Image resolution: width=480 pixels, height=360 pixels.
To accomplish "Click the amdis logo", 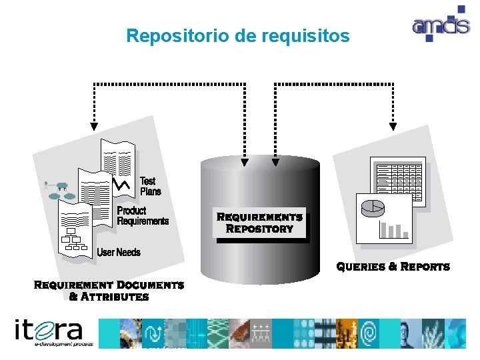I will tap(440, 25).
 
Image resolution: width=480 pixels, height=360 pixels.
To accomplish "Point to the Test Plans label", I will tap(150, 186).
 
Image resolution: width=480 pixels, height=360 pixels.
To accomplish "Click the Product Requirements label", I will tap(142, 216).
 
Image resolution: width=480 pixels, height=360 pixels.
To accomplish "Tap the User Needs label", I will tap(119, 252).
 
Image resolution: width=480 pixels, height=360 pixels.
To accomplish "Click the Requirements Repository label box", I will tap(260, 223).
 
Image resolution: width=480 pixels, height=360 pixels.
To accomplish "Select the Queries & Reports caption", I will tap(393, 267).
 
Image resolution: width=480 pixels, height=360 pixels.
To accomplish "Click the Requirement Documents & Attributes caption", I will tap(109, 291).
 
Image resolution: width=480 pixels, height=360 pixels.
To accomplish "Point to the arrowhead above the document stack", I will tap(94, 125).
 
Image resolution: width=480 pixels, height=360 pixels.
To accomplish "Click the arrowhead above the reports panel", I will tap(393, 125).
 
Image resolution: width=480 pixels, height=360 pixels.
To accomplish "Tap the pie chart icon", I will tap(373, 209).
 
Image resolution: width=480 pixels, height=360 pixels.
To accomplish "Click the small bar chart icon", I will tap(393, 230).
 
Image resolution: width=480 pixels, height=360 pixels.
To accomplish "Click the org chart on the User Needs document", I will tap(75, 241).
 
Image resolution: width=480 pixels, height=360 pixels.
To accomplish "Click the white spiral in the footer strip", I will tap(368, 333).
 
